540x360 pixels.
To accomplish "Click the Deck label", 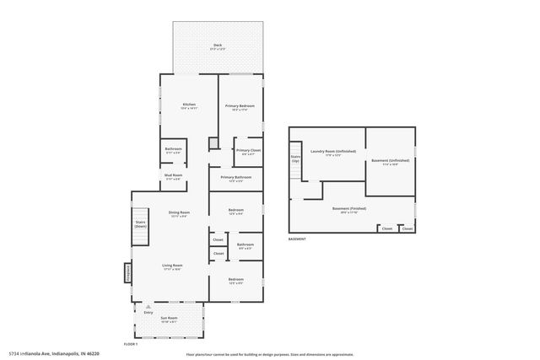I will (218, 47).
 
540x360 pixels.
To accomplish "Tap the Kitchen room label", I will (189, 106).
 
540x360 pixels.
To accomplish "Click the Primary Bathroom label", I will (235, 178).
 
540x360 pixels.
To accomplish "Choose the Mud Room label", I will (174, 178).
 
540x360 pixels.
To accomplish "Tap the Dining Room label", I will (179, 213).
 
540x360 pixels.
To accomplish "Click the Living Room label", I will (172, 266).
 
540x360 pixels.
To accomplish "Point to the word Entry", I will (148, 312).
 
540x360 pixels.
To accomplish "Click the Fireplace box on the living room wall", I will (128, 273).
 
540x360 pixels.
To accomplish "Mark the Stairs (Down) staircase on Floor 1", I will (141, 224).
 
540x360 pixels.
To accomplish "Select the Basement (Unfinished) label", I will (390, 162).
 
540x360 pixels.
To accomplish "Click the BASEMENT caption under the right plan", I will (297, 239).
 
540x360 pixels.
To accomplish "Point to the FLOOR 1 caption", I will (130, 345).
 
